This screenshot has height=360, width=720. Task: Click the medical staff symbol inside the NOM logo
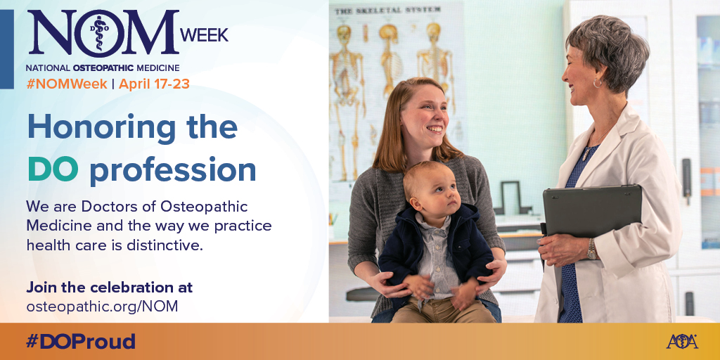[x=98, y=32]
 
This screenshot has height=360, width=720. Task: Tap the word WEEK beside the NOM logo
[x=204, y=35]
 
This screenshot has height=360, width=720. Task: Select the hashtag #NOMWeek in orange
[x=67, y=84]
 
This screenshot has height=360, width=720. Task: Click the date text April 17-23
[x=154, y=84]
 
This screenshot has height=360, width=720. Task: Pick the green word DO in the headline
[x=53, y=170]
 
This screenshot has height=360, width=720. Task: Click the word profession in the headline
[x=173, y=172]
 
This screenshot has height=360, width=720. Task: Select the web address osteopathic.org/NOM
[x=102, y=307]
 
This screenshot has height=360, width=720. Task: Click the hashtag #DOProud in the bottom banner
[x=81, y=342]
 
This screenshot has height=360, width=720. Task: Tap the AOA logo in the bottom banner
[x=682, y=342]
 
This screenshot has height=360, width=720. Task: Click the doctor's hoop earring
[x=598, y=83]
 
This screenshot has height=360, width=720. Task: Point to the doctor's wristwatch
[x=592, y=250]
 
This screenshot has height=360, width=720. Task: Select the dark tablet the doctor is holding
[x=592, y=210]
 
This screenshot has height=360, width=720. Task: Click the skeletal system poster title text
[x=387, y=10]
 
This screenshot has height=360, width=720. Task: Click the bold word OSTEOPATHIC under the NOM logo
[x=103, y=68]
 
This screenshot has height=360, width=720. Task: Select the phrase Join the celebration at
[x=109, y=288]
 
